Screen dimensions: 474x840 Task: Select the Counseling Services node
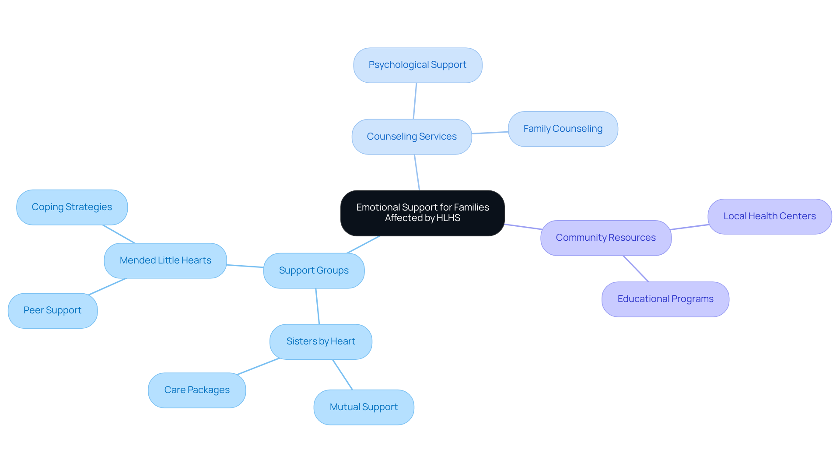click(411, 137)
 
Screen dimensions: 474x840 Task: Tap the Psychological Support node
click(417, 65)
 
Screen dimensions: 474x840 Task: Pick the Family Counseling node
click(563, 129)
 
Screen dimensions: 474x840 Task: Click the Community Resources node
click(605, 238)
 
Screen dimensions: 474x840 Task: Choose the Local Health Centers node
click(769, 216)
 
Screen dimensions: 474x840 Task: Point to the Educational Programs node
click(665, 299)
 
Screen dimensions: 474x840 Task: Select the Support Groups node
click(314, 270)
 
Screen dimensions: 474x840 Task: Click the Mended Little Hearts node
click(165, 260)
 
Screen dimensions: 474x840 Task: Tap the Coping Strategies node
click(72, 207)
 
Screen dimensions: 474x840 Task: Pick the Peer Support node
click(52, 310)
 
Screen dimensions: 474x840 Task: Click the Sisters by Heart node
click(321, 341)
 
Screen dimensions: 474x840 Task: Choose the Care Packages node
click(197, 390)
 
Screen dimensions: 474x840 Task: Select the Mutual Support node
click(364, 407)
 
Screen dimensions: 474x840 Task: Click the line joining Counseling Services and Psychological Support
click(415, 101)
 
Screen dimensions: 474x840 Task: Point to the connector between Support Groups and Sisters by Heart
click(318, 306)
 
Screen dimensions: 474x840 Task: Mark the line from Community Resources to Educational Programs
click(636, 269)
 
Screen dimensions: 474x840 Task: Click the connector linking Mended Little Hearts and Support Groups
click(245, 266)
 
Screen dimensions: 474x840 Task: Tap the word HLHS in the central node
click(448, 218)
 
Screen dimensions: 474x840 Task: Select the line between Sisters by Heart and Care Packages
click(258, 366)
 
